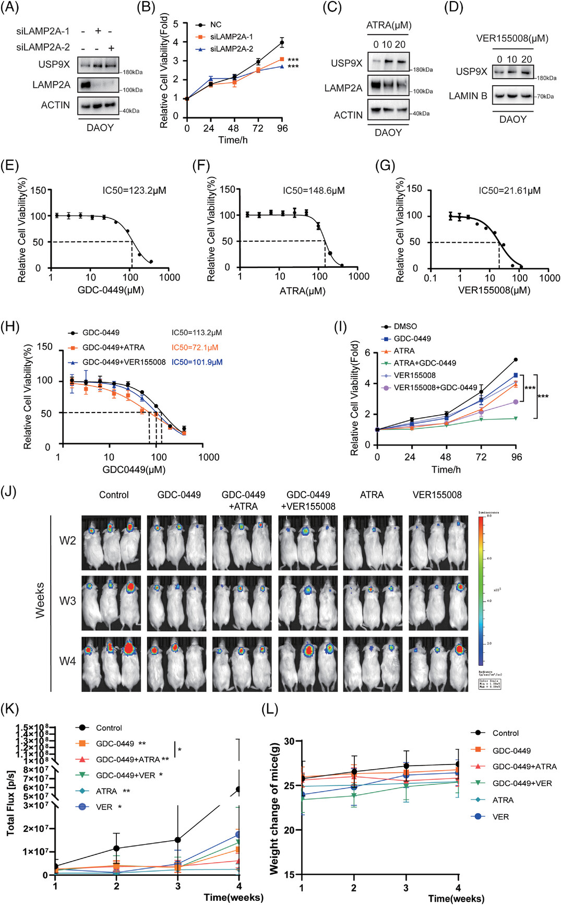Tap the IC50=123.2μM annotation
pos(134,191)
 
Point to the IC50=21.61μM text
pos(509,191)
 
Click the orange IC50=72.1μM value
pos(195,347)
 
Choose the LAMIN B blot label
pos(468,96)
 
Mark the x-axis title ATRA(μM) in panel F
pos(302,291)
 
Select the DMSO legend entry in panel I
pos(405,326)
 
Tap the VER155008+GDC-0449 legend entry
pos(435,387)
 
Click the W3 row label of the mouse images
pos(68,601)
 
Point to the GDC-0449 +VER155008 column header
pos(308,500)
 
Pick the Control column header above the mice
pos(114,495)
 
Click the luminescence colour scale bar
pos(481,590)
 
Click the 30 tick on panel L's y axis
pos(290,741)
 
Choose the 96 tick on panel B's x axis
pos(282,128)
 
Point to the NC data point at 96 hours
pos(282,42)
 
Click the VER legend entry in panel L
pos(500,816)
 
